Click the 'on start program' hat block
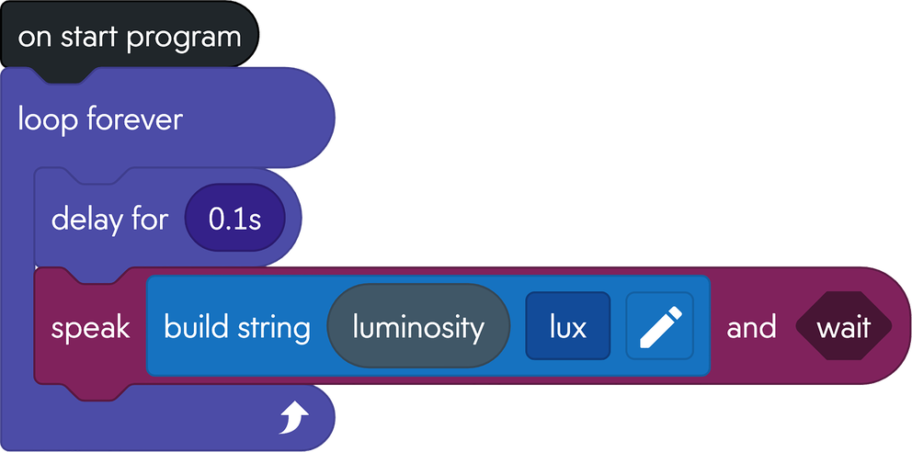click(129, 38)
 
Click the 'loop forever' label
click(100, 119)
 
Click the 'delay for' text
click(109, 220)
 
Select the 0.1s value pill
click(234, 220)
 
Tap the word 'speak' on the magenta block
click(90, 328)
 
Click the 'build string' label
click(236, 328)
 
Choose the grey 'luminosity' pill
click(418, 327)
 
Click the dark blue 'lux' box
click(568, 327)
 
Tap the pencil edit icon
click(660, 327)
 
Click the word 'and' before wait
click(751, 328)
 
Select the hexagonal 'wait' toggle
click(843, 328)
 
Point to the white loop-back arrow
click(295, 419)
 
